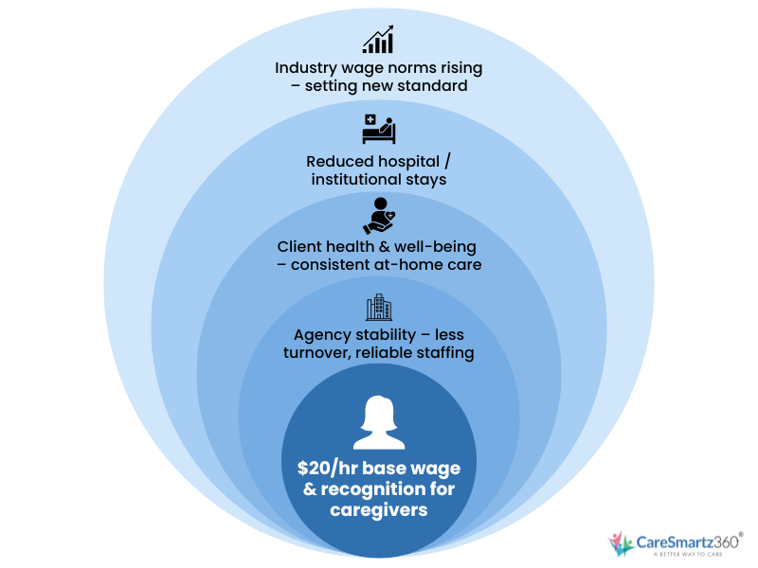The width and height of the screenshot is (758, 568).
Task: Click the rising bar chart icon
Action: (x=378, y=41)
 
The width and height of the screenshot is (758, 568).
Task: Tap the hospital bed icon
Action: (x=378, y=128)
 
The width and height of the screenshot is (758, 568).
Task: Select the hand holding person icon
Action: (x=378, y=216)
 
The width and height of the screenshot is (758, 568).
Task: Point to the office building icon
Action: (x=378, y=307)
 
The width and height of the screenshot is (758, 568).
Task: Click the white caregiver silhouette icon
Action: (x=378, y=423)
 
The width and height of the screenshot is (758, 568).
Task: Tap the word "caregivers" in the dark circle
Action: (x=378, y=510)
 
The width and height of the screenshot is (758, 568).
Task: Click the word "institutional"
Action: (x=357, y=179)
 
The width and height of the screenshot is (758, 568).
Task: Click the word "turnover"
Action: (x=317, y=354)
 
